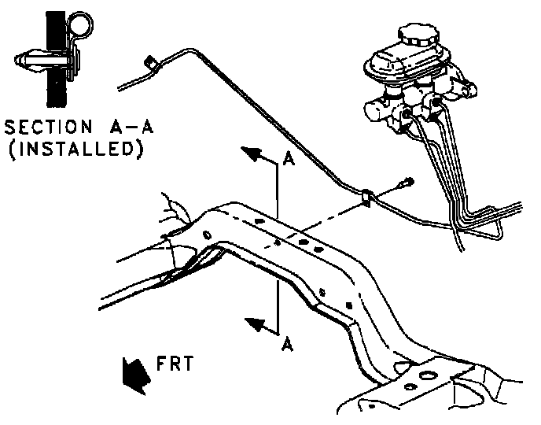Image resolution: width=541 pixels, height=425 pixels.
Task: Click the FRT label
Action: pyautogui.click(x=171, y=364)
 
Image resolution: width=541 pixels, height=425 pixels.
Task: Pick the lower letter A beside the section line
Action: pyautogui.click(x=289, y=345)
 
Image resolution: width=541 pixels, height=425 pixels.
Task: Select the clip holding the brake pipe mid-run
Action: pyautogui.click(x=366, y=197)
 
